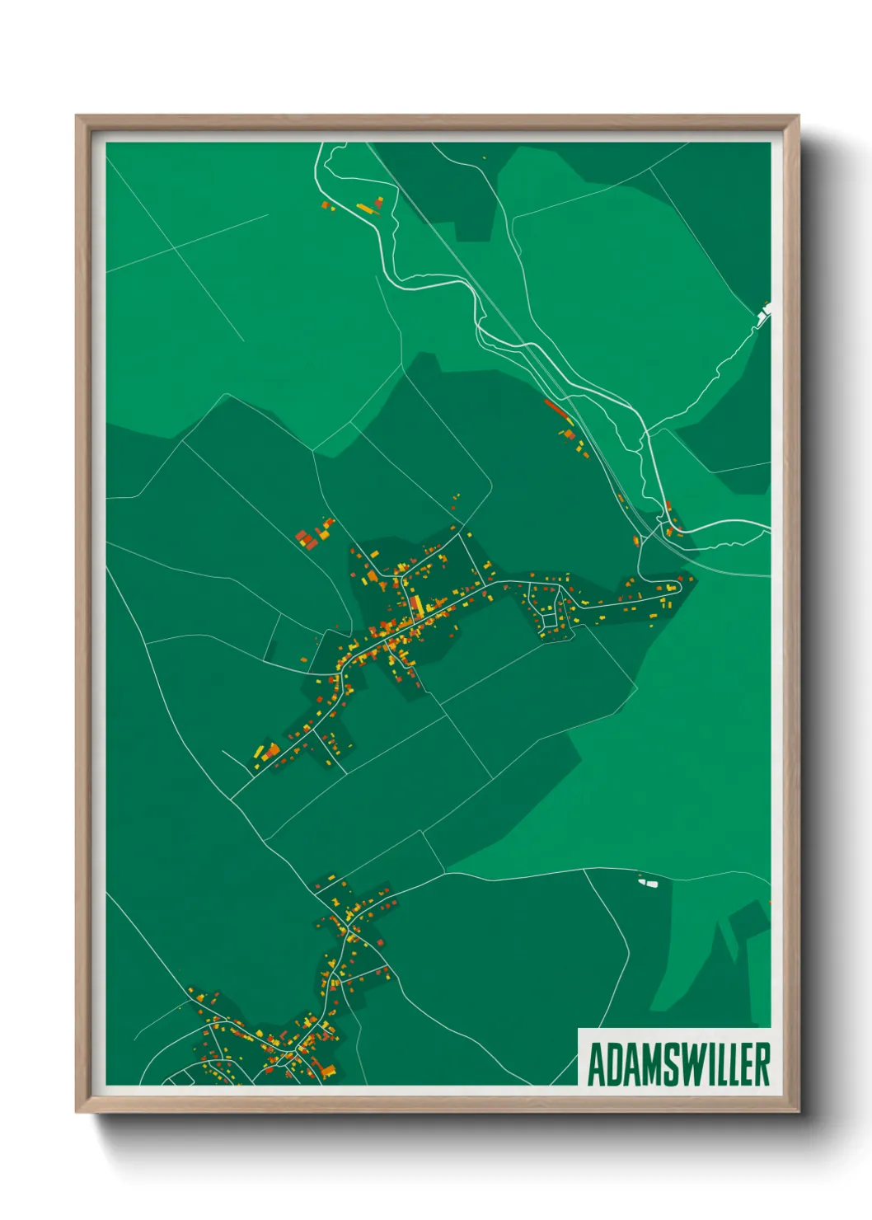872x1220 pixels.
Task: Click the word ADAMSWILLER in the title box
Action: coord(678,1064)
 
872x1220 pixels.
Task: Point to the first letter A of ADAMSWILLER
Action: coord(595,1064)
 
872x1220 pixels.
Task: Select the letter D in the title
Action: coord(613,1064)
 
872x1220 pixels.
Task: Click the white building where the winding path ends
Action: coord(765,311)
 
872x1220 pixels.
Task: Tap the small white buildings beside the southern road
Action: coord(649,883)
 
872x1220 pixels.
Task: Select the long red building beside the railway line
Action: coord(556,407)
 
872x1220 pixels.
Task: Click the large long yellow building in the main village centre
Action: coord(417,606)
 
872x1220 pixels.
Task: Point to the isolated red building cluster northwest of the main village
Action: coord(309,539)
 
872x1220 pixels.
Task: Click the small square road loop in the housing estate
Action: coord(546,617)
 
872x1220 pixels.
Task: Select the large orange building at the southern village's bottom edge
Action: coord(329,1071)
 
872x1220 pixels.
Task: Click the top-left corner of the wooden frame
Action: coord(77,117)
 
